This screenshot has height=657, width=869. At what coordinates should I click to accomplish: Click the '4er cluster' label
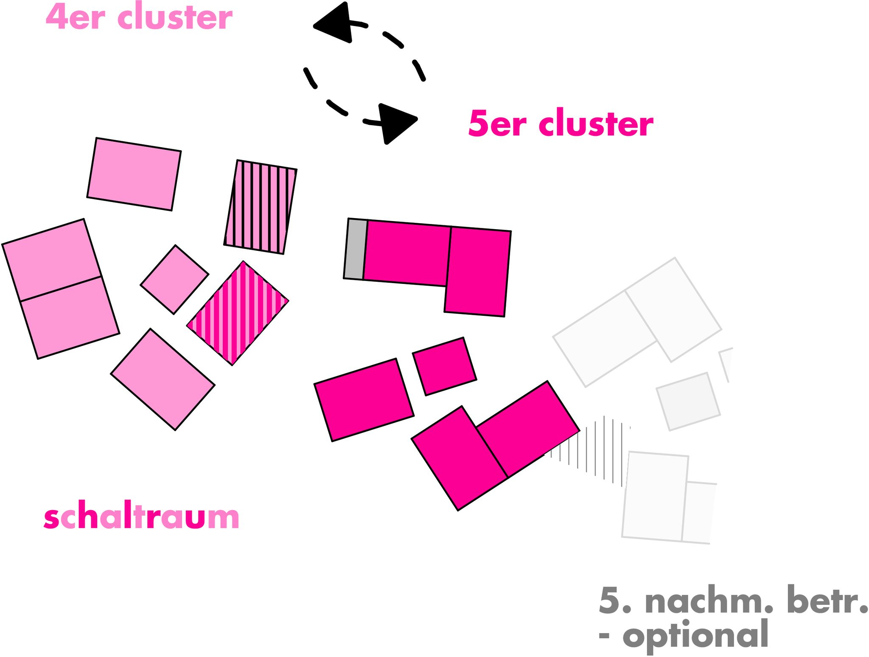click(x=139, y=17)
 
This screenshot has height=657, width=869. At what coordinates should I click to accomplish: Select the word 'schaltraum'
click(x=141, y=517)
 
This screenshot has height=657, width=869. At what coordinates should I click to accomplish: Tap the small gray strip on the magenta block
click(x=355, y=249)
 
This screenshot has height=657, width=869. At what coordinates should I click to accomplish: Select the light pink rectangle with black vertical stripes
click(x=260, y=207)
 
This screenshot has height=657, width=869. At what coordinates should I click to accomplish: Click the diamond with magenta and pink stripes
click(x=238, y=313)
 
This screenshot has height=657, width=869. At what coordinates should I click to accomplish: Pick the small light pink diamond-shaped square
click(x=174, y=280)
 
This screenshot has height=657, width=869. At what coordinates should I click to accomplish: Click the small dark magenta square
click(x=444, y=366)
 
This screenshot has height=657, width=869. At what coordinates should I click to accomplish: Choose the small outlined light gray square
click(x=688, y=401)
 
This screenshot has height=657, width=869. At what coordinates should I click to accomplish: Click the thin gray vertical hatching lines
click(x=594, y=450)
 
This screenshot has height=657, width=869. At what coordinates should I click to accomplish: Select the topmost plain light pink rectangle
click(x=134, y=174)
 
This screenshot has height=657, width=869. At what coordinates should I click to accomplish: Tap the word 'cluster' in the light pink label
click(x=174, y=17)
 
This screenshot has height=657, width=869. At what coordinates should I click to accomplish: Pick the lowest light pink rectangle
click(x=163, y=379)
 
